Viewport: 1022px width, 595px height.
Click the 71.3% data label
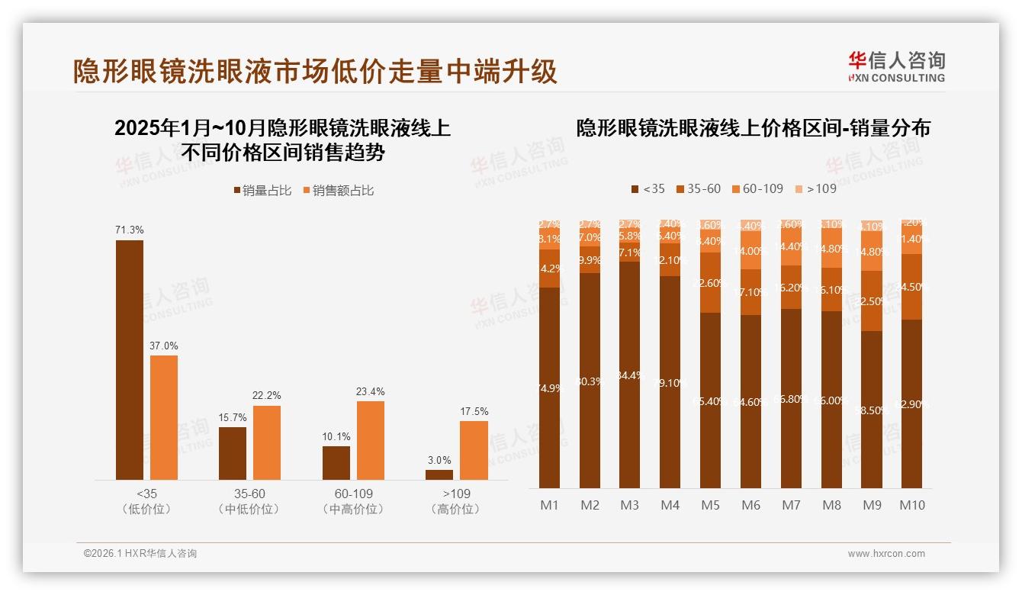coord(129,230)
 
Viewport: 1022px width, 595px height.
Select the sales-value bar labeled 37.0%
coord(163,417)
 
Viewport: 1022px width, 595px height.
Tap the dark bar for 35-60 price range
coord(233,453)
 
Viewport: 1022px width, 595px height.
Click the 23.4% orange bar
coord(370,440)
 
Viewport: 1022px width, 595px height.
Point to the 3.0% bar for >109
coord(439,474)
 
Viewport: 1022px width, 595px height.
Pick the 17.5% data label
coord(474,411)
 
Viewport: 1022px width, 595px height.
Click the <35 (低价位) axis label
coord(146,501)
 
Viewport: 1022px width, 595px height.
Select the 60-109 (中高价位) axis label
coord(353,501)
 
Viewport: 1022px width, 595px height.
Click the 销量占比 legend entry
coord(262,191)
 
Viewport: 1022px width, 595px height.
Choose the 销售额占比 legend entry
coord(338,191)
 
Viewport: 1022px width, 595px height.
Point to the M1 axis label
coord(549,505)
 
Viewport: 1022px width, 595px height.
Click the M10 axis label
coord(911,505)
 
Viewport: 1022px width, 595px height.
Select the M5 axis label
coord(710,505)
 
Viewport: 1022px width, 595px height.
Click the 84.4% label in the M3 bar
coord(629,375)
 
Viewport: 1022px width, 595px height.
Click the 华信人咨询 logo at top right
coord(896,66)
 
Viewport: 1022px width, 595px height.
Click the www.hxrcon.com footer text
coord(885,554)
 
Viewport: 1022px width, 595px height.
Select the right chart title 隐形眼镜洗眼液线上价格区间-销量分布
coord(753,128)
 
